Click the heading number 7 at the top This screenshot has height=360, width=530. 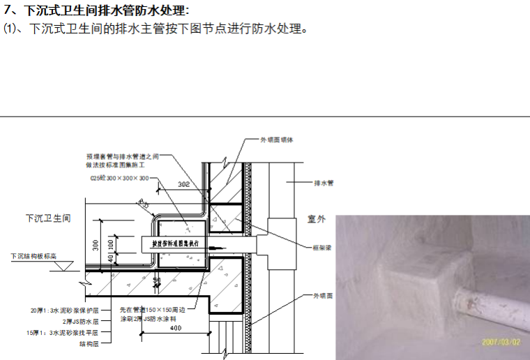click(8, 10)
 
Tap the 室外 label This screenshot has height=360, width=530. click(317, 219)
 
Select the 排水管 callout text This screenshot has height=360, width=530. click(324, 183)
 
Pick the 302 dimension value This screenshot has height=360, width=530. click(183, 186)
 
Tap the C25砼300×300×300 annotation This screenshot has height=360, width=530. click(119, 179)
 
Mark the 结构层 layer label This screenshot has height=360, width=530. click(89, 343)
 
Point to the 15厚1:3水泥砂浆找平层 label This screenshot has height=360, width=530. click(63, 333)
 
